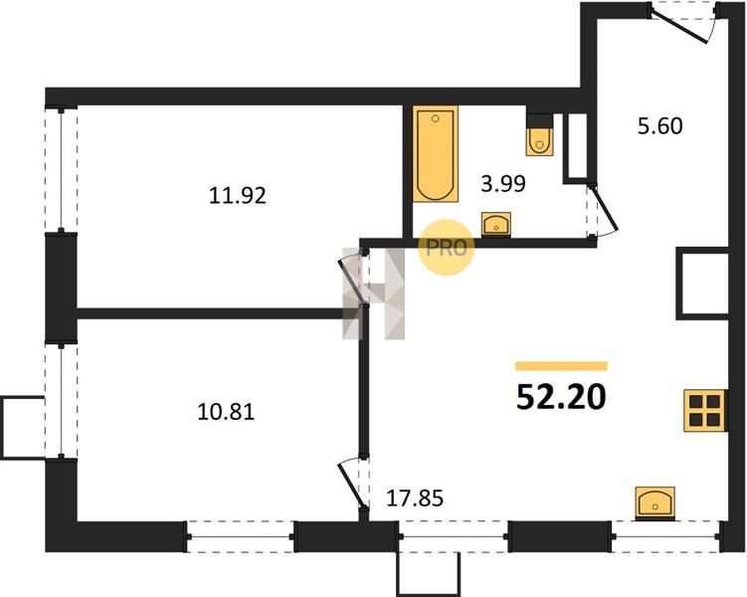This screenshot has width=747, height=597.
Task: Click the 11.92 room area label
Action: click(x=238, y=195)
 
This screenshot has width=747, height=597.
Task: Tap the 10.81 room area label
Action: click(x=226, y=412)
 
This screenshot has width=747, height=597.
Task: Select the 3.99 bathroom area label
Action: click(x=503, y=183)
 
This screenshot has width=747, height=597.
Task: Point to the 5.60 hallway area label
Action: click(x=660, y=126)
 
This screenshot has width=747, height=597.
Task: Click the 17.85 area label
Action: click(x=415, y=498)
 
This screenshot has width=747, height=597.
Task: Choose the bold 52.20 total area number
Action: click(x=561, y=397)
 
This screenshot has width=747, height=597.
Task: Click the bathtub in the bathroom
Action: click(x=436, y=153)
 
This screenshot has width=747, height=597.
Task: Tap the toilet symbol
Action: click(x=540, y=135)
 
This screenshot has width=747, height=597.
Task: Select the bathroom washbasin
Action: click(x=496, y=224)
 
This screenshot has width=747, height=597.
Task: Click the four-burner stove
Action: click(x=705, y=411)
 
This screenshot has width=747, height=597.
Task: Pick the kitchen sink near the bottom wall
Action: click(x=655, y=502)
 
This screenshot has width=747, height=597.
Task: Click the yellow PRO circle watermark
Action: click(x=447, y=248)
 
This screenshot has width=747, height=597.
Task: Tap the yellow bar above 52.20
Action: click(x=561, y=366)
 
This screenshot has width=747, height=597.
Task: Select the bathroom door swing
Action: click(x=603, y=210)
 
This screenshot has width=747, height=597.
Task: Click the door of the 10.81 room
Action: click(x=352, y=483)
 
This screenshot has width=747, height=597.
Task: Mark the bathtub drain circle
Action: click(x=435, y=118)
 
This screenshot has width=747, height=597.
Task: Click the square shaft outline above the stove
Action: click(x=702, y=283)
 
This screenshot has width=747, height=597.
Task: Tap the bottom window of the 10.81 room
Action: click(x=240, y=537)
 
